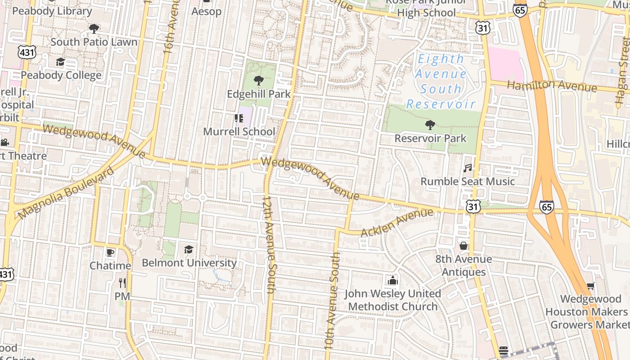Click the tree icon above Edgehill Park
(258, 81)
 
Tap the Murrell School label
(239, 131)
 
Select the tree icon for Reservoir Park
(430, 125)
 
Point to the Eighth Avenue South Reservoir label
(441, 81)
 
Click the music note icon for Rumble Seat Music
(468, 168)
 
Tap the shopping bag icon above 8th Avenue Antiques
(463, 246)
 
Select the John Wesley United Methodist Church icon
(392, 280)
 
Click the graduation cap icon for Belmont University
(189, 249)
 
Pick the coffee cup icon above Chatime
(110, 252)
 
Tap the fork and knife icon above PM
(122, 283)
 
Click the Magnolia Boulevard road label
(66, 193)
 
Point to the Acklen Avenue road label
(397, 222)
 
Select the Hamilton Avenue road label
(552, 85)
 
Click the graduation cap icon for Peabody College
(60, 62)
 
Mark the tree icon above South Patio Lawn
(94, 29)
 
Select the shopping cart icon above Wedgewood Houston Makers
(591, 286)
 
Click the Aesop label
(206, 11)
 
